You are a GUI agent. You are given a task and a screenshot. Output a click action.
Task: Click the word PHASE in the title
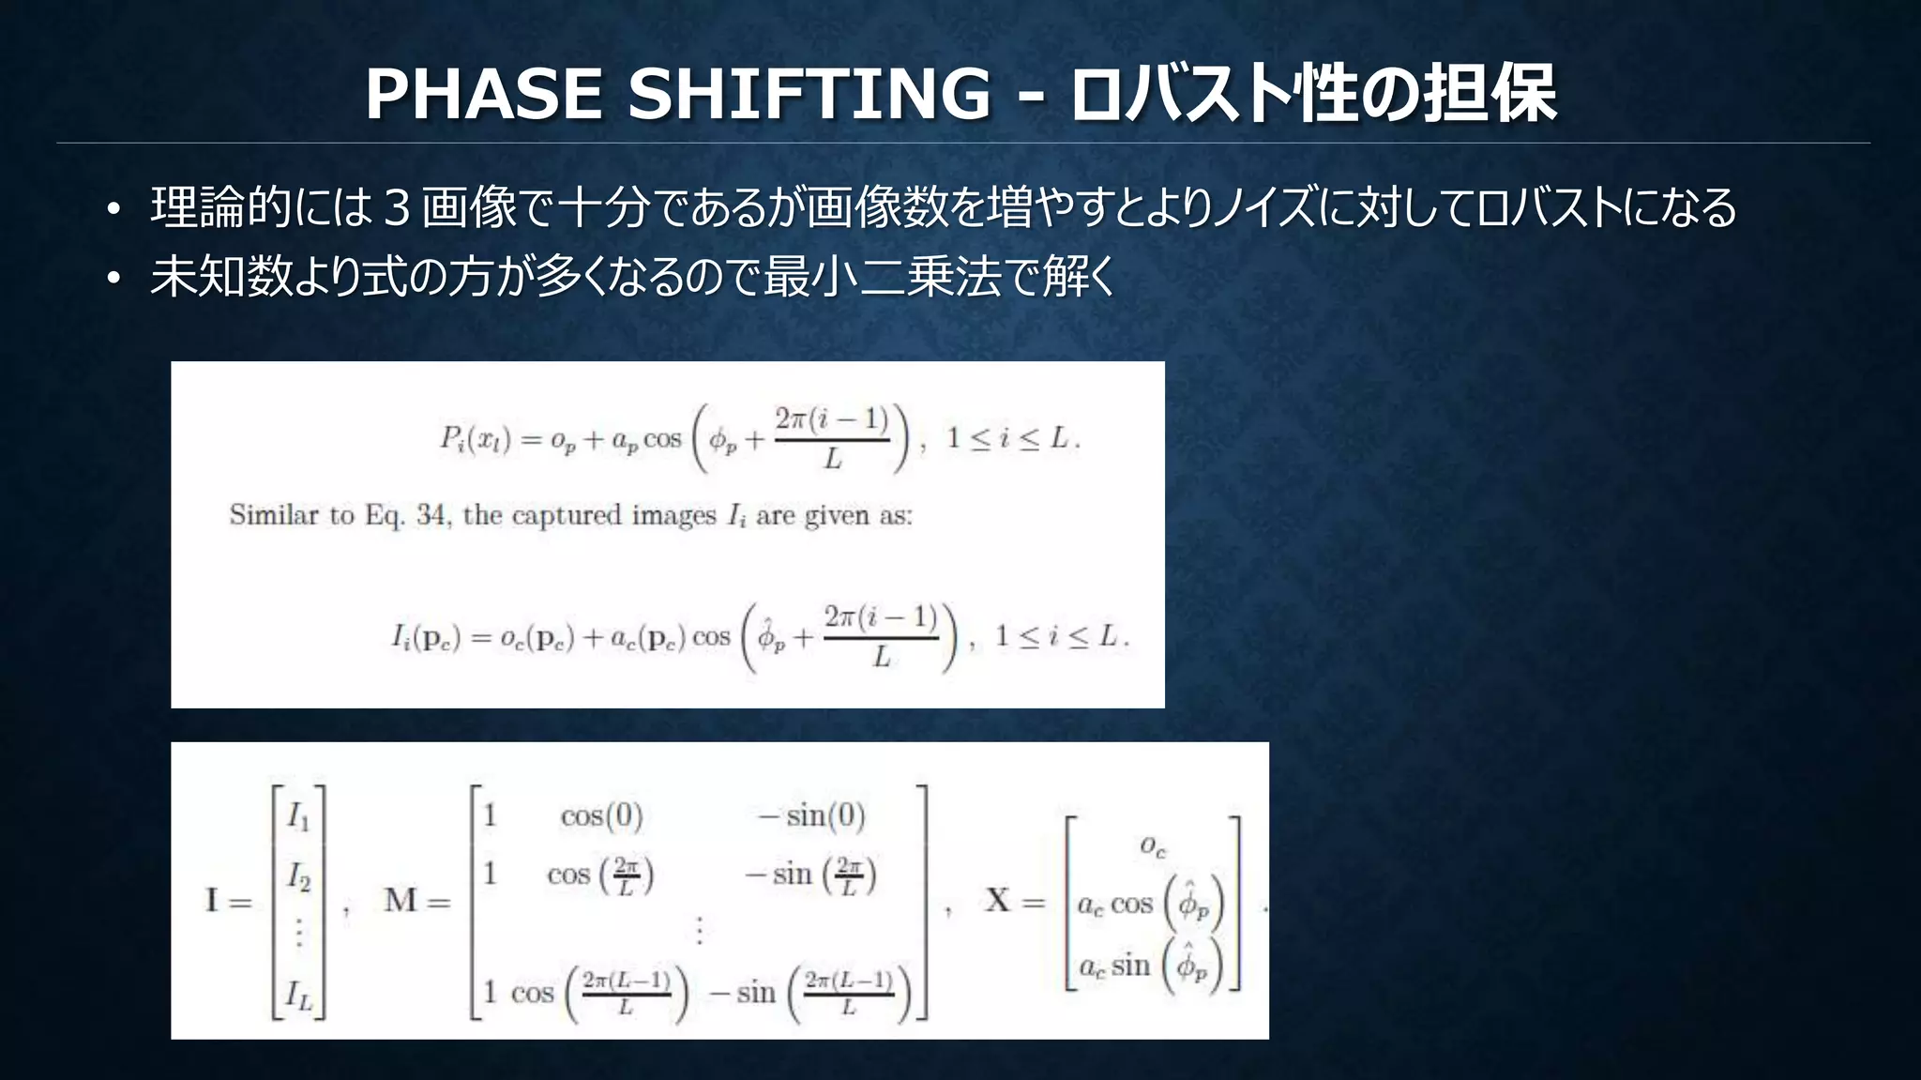coord(483,94)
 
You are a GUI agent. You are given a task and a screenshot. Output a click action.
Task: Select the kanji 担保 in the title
coord(1490,94)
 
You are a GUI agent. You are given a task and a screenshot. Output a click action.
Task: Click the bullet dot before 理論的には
coord(113,210)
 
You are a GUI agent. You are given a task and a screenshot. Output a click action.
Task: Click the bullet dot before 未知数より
coord(113,279)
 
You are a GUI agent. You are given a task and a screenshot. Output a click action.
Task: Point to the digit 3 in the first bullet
coord(397,208)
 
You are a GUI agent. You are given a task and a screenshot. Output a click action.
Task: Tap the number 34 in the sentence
coord(431,515)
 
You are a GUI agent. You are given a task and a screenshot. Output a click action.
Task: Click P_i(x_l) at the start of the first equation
coord(475,439)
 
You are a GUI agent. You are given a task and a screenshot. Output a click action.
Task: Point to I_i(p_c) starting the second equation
coord(426,638)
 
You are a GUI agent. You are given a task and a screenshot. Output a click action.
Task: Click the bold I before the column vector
coord(212,901)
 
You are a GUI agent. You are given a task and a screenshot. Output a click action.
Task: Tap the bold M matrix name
coord(401,901)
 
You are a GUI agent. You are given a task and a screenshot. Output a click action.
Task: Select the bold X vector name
coord(997,901)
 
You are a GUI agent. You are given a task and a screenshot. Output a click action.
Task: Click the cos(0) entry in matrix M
coord(601,816)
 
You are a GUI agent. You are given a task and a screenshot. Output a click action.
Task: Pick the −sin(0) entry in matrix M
coord(811,816)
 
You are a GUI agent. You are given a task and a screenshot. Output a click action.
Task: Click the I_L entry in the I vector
coord(299,995)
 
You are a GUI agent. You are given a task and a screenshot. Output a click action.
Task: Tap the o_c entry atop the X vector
coord(1153,846)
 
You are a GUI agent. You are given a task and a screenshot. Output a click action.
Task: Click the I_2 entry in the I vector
coord(298,876)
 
